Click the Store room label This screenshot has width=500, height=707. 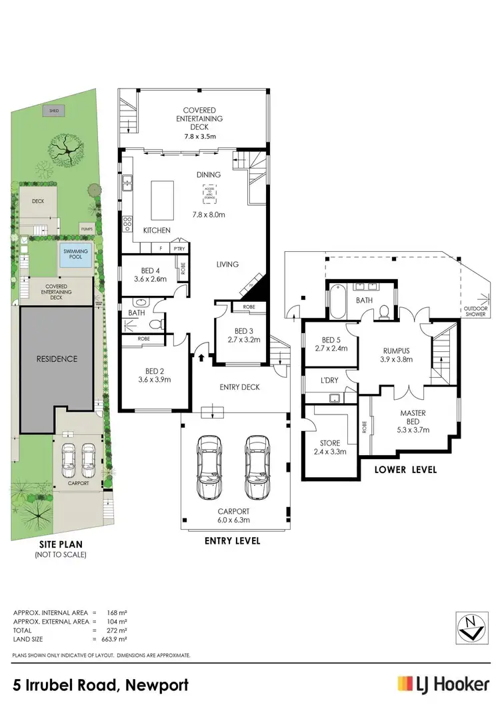(329, 442)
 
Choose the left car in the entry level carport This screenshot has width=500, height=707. (208, 467)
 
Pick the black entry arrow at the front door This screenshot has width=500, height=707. (201, 358)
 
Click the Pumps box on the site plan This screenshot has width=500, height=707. (86, 228)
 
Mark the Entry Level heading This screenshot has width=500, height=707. (232, 540)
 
